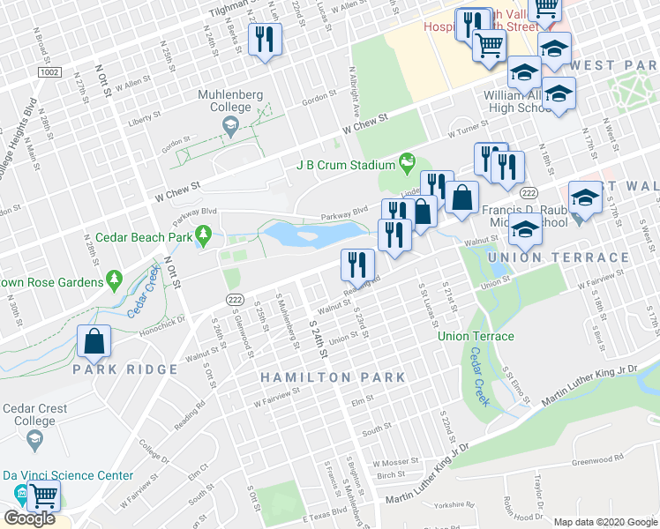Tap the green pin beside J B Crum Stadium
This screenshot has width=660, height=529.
(x=406, y=162)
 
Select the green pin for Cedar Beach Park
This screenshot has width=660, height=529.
(x=204, y=235)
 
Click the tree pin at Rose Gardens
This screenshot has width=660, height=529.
(x=113, y=279)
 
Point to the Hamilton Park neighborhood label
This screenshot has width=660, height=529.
(x=333, y=377)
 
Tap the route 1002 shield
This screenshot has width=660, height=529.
(x=49, y=70)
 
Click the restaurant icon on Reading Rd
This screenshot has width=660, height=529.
(x=358, y=264)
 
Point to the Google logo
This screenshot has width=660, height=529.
(x=28, y=518)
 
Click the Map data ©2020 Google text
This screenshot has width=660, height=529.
(x=605, y=522)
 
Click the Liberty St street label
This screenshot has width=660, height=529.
(x=146, y=115)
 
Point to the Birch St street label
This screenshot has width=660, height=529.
(x=389, y=475)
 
